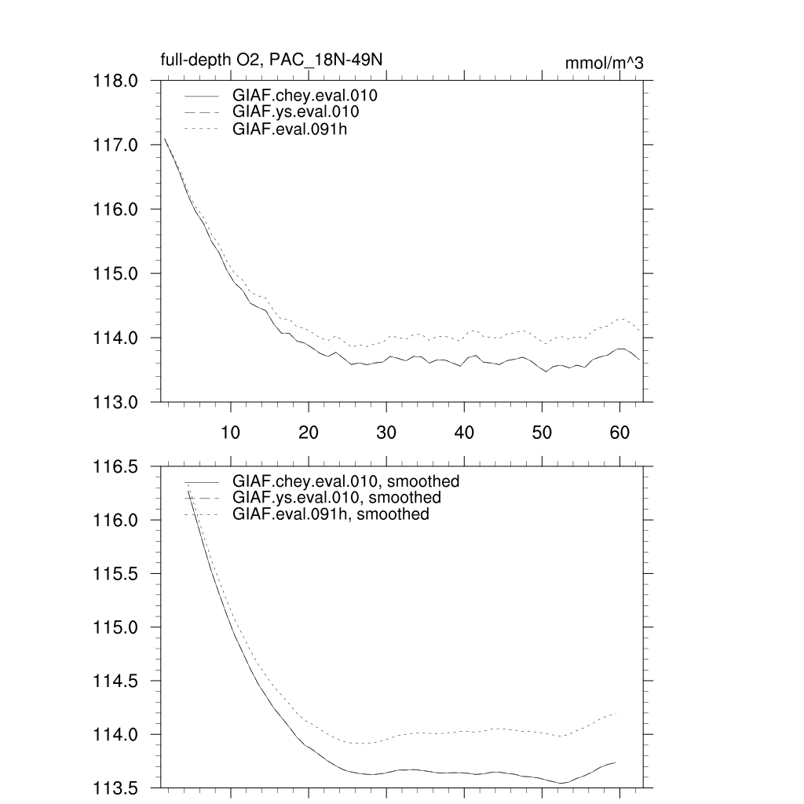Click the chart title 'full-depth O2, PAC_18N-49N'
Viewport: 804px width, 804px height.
[x=271, y=60]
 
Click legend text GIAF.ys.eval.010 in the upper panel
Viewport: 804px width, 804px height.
[x=296, y=112]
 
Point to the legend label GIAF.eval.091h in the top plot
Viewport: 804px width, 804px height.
[x=290, y=129]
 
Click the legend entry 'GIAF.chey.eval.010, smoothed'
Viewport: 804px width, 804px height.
[x=345, y=481]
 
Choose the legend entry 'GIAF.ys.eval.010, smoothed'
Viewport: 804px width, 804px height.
[x=337, y=498]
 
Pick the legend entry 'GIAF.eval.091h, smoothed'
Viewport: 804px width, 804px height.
[x=331, y=514]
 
